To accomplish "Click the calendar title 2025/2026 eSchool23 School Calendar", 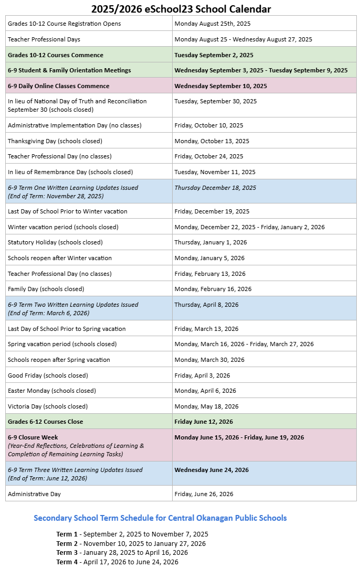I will point(181,9).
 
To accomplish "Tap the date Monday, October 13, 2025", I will point(209,141).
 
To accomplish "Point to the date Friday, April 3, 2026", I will point(202,375).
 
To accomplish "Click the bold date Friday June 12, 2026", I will point(204,422).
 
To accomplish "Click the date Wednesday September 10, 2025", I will point(220,86).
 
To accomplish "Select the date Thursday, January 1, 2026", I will point(210,242).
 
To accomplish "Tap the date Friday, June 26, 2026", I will point(204,494).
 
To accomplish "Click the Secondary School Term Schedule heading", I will point(160,518).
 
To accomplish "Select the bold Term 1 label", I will point(67,534).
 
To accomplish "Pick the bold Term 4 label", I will point(67,562).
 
